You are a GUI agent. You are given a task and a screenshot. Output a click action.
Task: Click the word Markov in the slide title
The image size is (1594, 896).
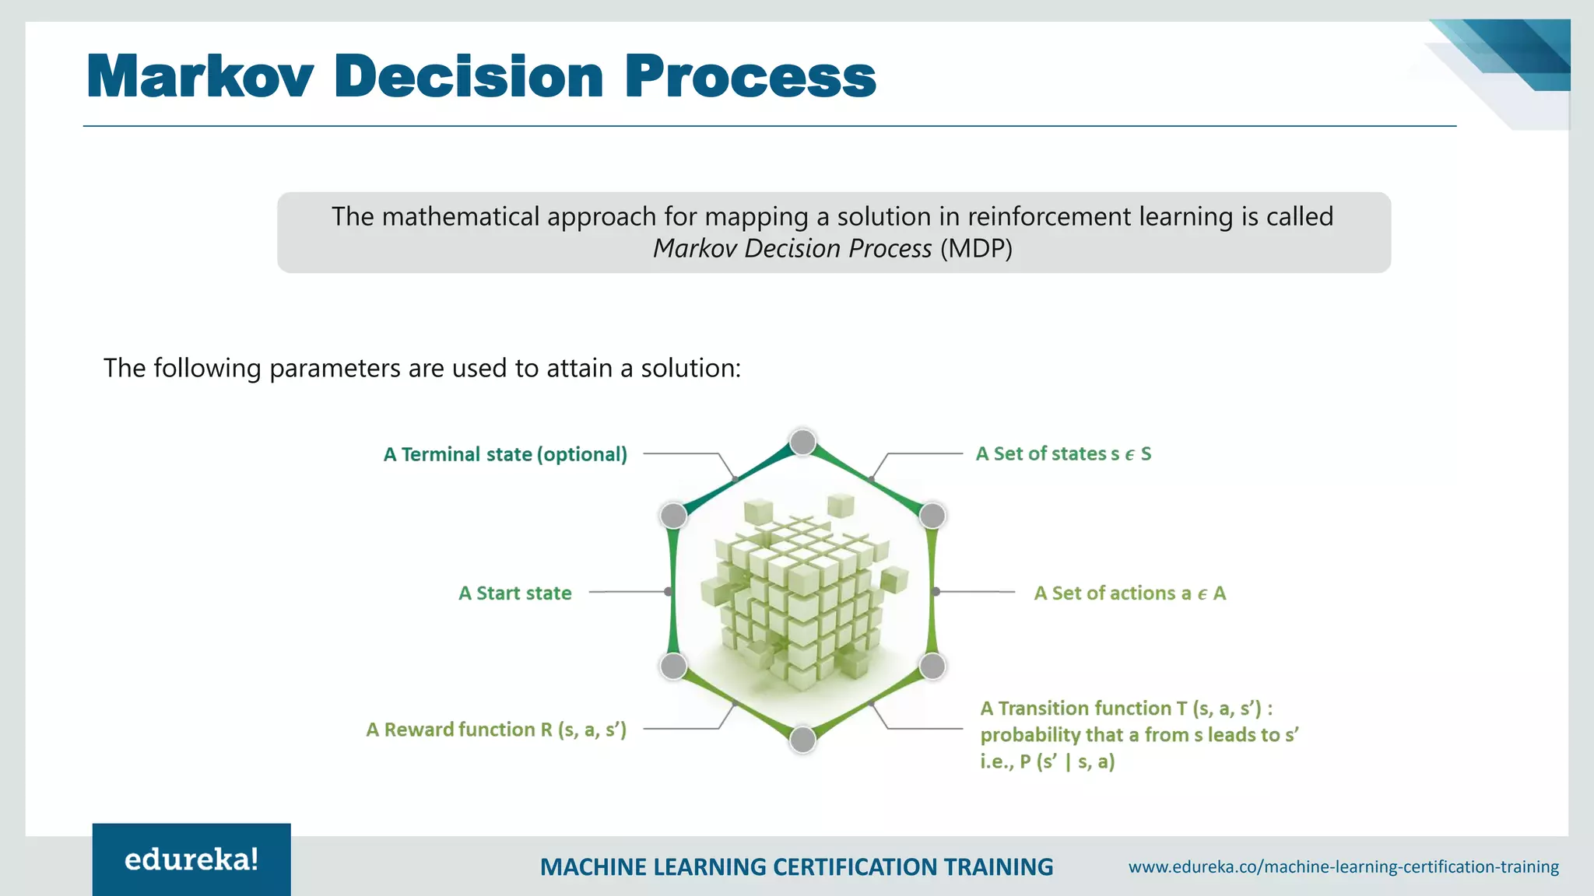pyautogui.click(x=200, y=77)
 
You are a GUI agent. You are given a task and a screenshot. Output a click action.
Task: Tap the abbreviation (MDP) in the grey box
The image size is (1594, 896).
pyautogui.click(x=976, y=249)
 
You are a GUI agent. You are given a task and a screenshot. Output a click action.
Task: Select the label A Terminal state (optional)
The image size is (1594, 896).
pyautogui.click(x=505, y=454)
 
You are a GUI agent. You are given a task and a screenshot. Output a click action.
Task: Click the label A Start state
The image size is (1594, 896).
pyautogui.click(x=514, y=593)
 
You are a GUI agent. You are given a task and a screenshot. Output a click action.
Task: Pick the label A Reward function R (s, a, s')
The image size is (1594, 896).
pyautogui.click(x=496, y=730)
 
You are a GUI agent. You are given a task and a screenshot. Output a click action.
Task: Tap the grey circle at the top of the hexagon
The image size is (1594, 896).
pyautogui.click(x=802, y=443)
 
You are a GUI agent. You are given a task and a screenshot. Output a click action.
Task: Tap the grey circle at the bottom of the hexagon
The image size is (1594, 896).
pyautogui.click(x=802, y=740)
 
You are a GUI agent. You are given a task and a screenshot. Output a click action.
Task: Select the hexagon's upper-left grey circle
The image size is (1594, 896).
pyautogui.click(x=673, y=515)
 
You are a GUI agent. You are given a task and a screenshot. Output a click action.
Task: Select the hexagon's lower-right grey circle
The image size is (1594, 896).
pyautogui.click(x=932, y=666)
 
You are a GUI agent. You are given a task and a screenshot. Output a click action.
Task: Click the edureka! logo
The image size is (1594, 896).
pyautogui.click(x=191, y=859)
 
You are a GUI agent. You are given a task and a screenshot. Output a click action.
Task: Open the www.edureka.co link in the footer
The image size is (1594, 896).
pyautogui.click(x=1343, y=866)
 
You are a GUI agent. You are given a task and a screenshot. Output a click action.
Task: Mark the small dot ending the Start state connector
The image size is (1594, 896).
pyautogui.click(x=668, y=592)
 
